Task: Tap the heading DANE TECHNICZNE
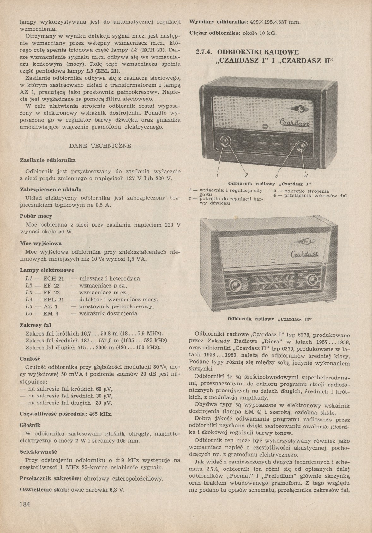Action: click(100, 146)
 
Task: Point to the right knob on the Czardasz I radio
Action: click(300, 146)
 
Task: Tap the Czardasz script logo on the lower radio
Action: click(305, 254)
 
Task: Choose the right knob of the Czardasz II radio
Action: click(312, 280)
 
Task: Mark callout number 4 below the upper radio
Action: click(306, 176)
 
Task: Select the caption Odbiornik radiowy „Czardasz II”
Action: click(269, 319)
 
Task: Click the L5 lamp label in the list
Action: click(29, 307)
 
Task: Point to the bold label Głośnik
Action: click(30, 425)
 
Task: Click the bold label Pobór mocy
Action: click(36, 216)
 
